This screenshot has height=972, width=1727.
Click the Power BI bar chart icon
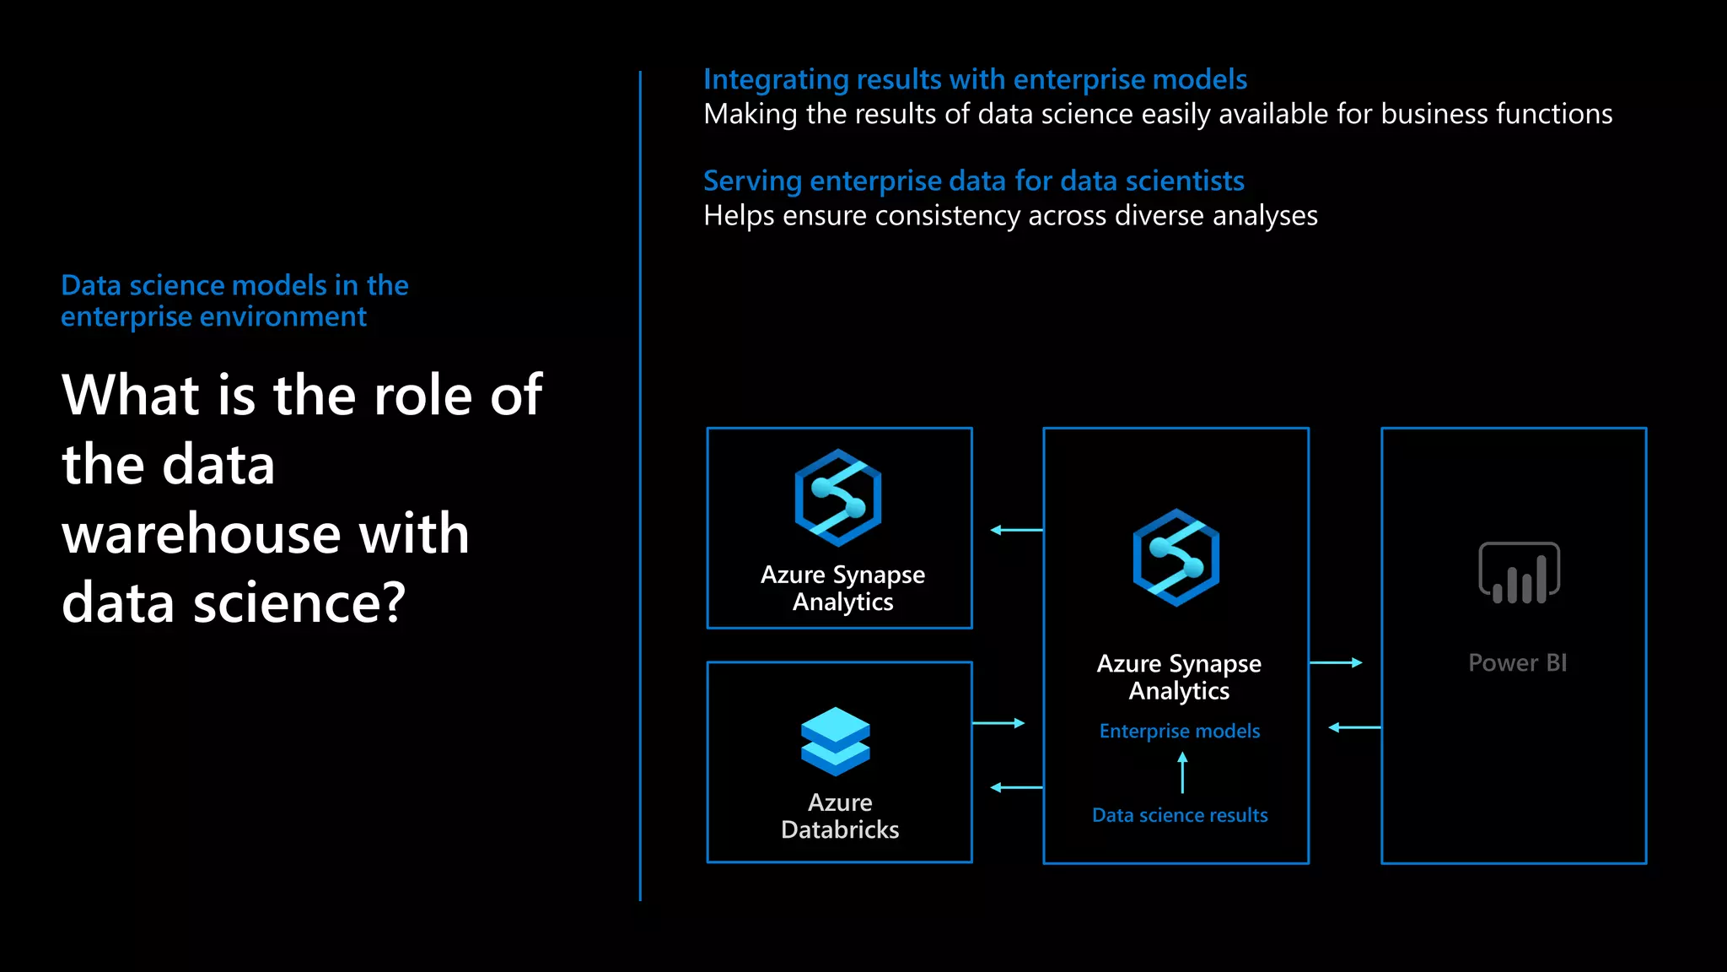(x=1519, y=573)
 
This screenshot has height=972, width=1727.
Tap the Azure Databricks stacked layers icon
(x=835, y=741)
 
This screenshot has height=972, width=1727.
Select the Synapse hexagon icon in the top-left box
(x=838, y=498)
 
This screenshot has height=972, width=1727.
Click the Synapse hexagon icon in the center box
(x=1176, y=557)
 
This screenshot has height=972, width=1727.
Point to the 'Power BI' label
(x=1517, y=663)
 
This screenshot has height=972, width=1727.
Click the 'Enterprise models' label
(x=1179, y=732)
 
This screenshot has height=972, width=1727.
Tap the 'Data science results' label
(x=1179, y=815)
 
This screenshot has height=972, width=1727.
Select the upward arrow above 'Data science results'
(x=1182, y=772)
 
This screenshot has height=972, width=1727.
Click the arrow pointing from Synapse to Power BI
(x=1336, y=663)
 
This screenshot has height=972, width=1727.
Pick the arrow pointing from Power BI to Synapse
(x=1354, y=727)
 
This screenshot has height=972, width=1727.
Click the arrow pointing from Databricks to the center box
(x=998, y=723)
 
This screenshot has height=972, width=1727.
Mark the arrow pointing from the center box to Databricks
(x=1016, y=787)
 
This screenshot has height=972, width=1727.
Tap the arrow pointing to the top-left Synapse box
(x=1016, y=530)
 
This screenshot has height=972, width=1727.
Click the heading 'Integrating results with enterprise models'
(x=975, y=79)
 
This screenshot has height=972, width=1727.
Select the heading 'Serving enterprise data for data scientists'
(x=973, y=181)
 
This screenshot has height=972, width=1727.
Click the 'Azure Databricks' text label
(x=840, y=816)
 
